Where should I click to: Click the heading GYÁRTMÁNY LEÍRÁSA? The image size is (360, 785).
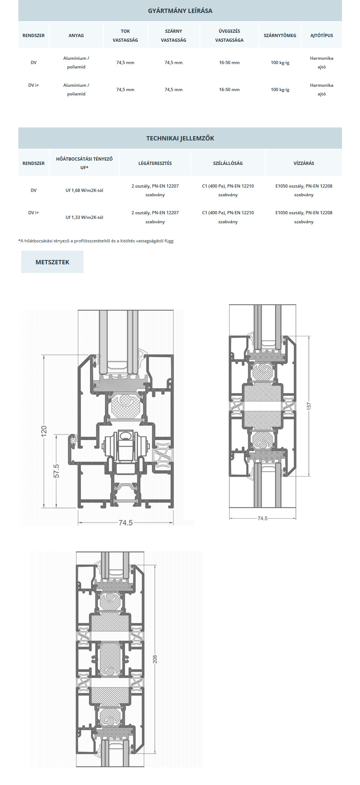(x=180, y=11)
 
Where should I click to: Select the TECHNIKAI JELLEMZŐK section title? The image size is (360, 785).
(x=180, y=138)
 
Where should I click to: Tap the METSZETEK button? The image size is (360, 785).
(x=52, y=262)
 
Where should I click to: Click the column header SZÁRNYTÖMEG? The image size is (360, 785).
(x=280, y=35)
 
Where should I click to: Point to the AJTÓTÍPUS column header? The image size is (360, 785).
(x=321, y=35)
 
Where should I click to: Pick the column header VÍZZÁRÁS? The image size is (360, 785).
(x=303, y=163)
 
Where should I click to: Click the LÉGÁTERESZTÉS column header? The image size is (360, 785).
(x=155, y=163)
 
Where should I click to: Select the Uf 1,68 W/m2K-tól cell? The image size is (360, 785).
(x=84, y=190)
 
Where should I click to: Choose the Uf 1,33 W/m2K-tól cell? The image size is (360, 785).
(x=84, y=217)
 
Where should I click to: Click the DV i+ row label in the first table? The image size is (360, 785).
(x=33, y=85)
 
